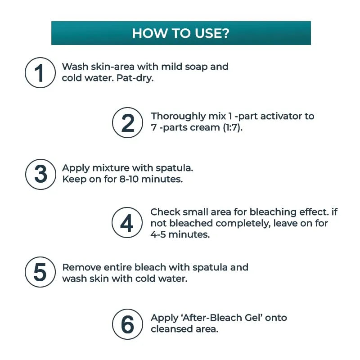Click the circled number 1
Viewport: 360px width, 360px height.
[x=40, y=72]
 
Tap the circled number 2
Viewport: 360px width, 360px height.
[x=127, y=122]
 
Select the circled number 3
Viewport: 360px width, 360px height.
[x=40, y=174]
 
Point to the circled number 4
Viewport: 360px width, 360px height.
[x=127, y=222]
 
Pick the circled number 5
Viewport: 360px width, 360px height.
[x=40, y=272]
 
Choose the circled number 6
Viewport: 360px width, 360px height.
[x=127, y=324]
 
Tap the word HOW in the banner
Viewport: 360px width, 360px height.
[x=149, y=33]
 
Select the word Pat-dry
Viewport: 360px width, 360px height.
[x=135, y=78]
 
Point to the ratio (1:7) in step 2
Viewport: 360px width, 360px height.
[x=233, y=127]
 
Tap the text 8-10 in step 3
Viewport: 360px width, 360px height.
[x=129, y=179]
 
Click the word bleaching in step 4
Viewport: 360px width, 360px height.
[x=273, y=212]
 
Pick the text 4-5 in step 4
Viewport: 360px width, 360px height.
[x=158, y=234]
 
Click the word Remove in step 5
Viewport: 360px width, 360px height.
[x=82, y=267]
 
